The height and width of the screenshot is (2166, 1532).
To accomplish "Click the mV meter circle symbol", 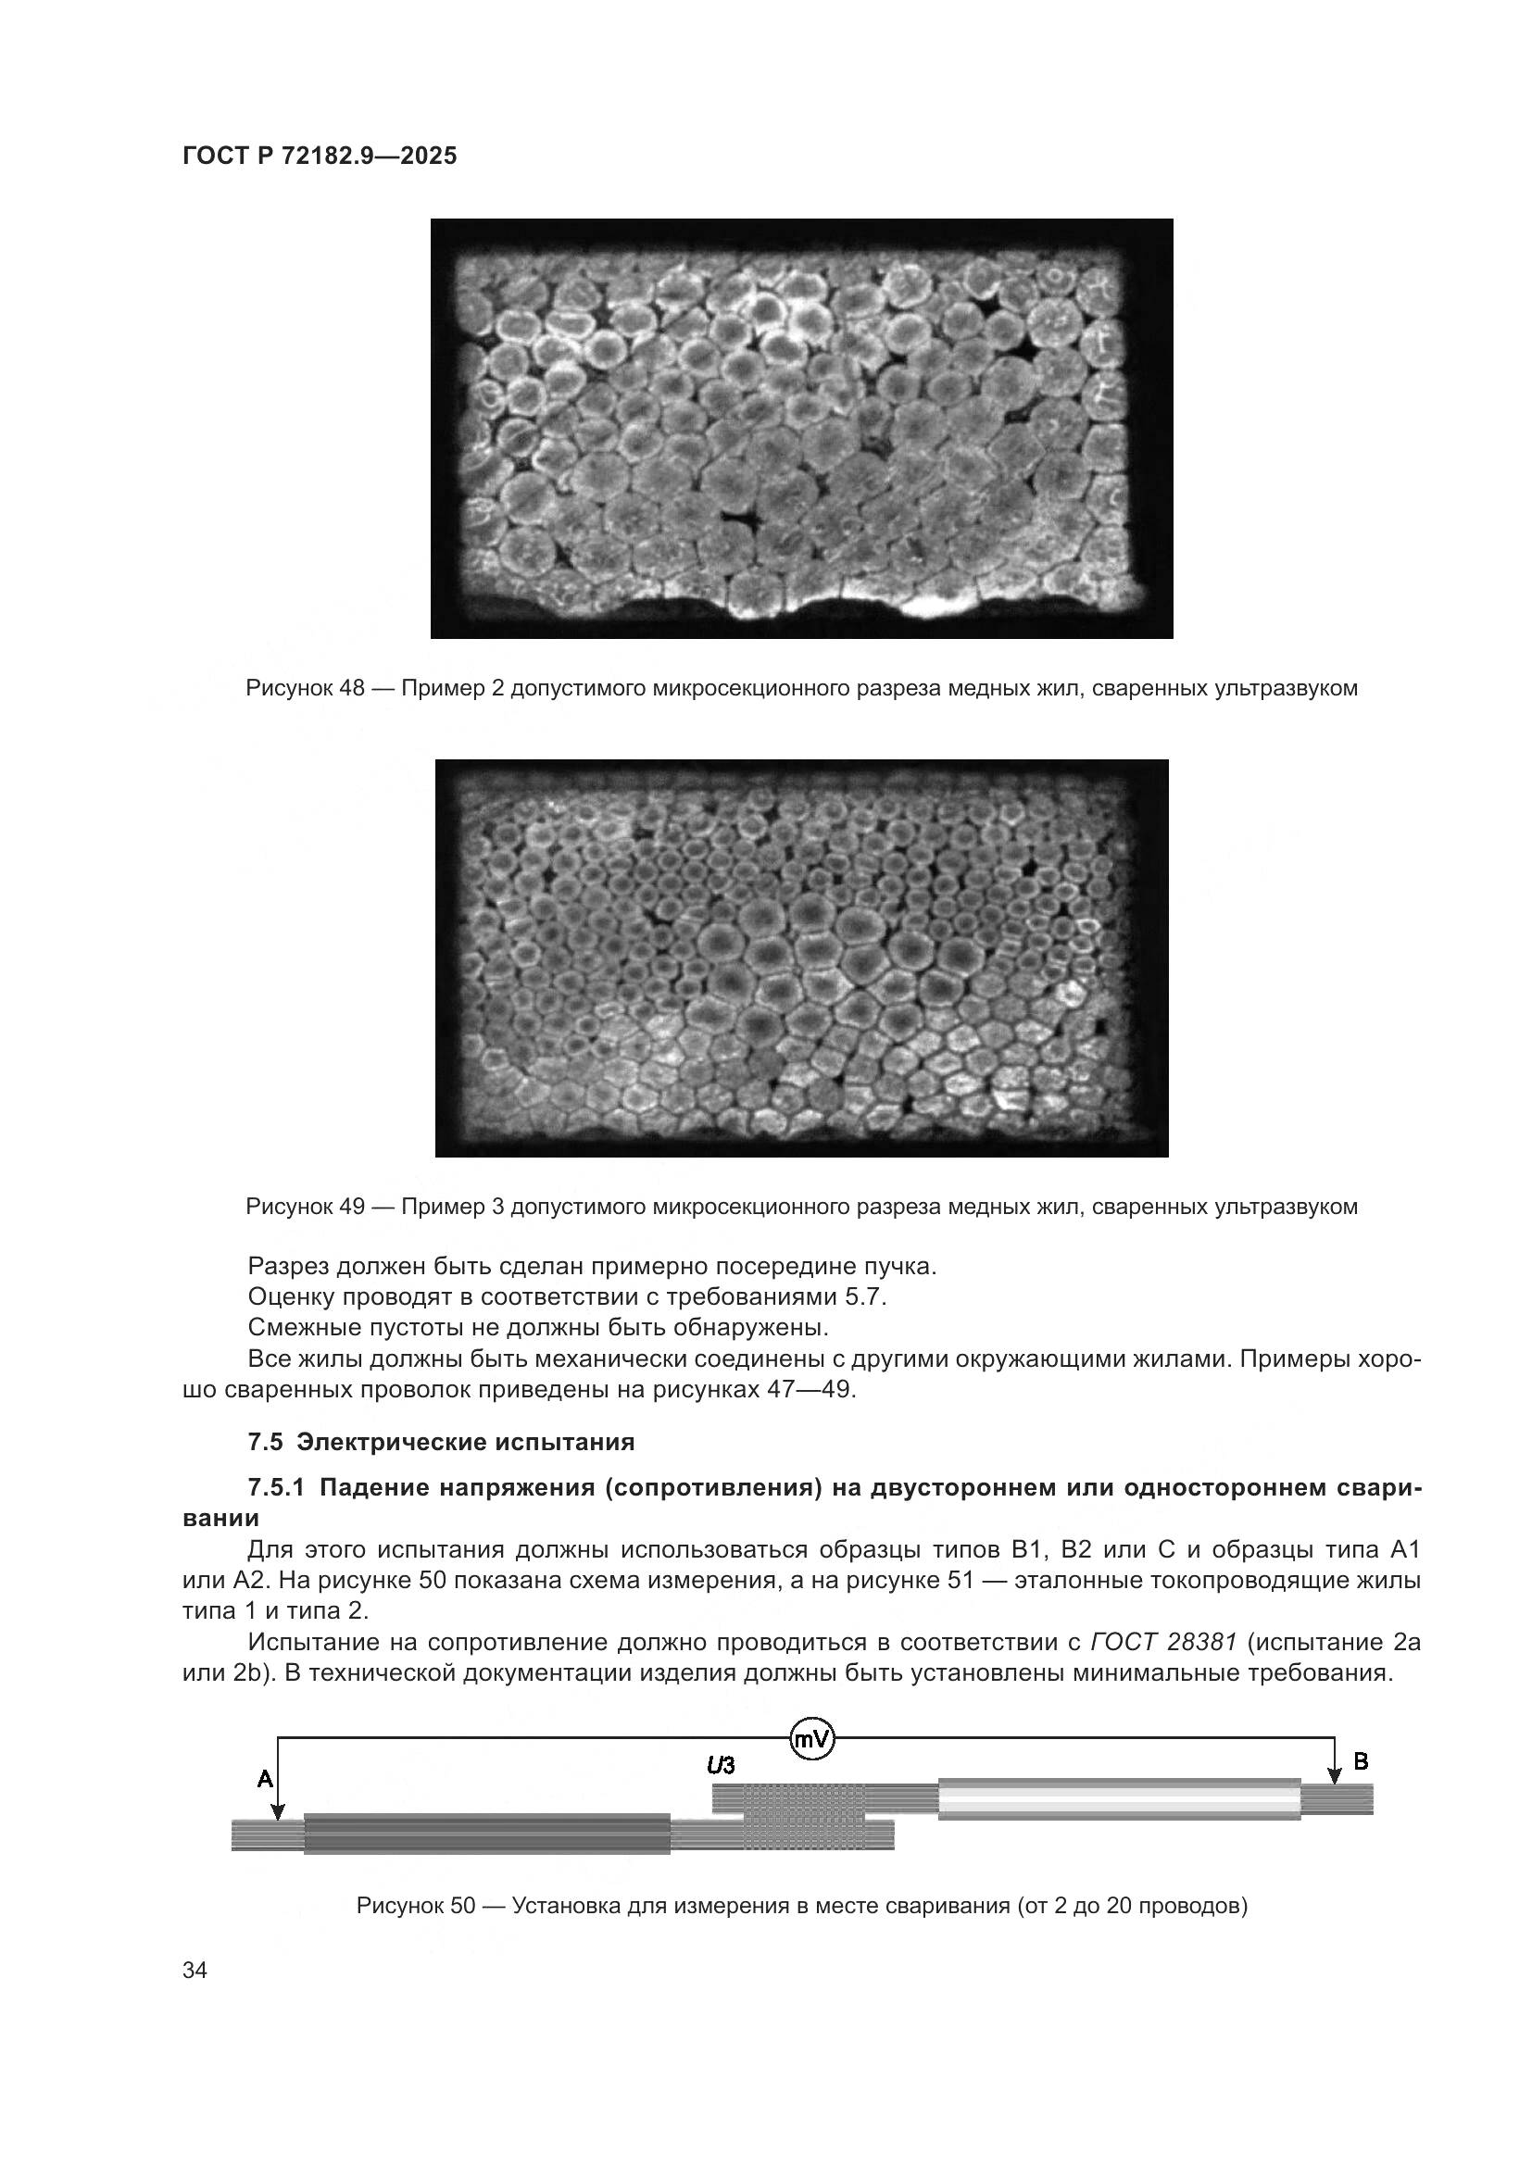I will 811,1739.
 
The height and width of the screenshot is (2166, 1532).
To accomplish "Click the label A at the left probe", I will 265,1779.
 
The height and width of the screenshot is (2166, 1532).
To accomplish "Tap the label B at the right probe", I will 1361,1761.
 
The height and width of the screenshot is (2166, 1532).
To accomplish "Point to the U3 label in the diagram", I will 721,1765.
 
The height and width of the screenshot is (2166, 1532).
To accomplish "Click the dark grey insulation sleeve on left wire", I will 486,1833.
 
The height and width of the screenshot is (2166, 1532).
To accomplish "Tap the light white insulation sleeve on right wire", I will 1118,1799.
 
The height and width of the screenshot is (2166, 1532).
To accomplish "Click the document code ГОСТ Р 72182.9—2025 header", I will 319,157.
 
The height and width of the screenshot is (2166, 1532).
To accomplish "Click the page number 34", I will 195,1971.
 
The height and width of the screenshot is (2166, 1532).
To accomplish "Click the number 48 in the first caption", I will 351,689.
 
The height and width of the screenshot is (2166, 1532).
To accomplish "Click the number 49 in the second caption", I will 351,1207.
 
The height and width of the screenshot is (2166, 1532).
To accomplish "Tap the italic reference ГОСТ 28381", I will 1162,1643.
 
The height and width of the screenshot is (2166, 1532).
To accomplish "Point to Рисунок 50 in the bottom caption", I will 415,1906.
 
